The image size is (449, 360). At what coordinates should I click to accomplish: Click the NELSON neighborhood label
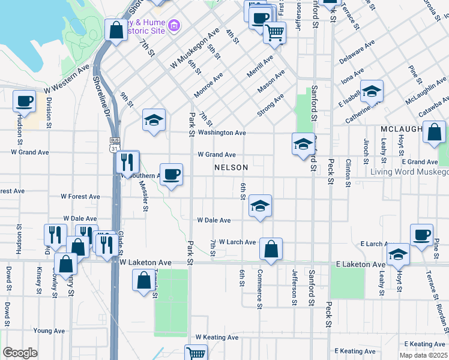tap(231, 167)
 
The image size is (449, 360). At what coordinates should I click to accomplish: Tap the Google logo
tap(20, 352)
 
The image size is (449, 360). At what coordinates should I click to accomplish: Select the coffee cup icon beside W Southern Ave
tap(171, 175)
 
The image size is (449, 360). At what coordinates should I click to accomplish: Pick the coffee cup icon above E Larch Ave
tap(421, 235)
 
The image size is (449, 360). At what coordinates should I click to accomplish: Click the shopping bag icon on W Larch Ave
tap(271, 249)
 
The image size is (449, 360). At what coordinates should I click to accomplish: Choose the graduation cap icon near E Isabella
tap(372, 91)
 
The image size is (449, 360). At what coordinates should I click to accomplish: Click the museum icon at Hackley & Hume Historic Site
tap(174, 26)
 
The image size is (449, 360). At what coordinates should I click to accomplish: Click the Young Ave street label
tap(49, 331)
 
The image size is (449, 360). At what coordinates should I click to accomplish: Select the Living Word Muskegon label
tap(409, 172)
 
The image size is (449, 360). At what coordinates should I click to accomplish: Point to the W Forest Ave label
tap(80, 196)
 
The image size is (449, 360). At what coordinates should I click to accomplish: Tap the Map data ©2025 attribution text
tap(423, 355)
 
